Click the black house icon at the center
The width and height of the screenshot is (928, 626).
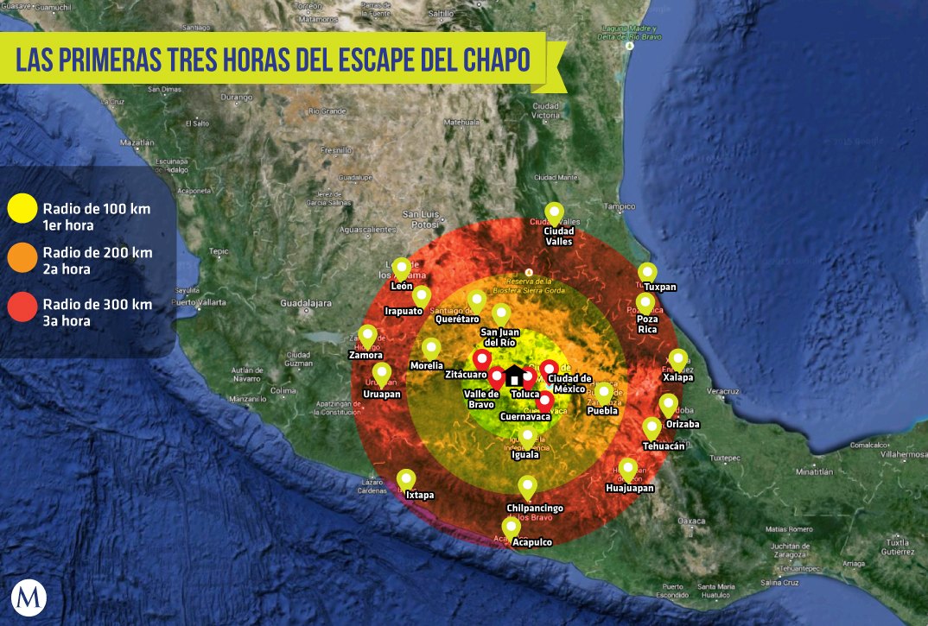coord(514,376)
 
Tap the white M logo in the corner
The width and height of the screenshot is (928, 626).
coord(29,598)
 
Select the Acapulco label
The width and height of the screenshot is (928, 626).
coord(531,542)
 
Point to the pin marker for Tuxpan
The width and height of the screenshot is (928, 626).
coord(647,273)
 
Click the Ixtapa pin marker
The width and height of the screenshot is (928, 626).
coord(406,480)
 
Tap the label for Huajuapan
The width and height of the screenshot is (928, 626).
coord(630,488)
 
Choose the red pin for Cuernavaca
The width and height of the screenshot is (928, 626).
coord(544,402)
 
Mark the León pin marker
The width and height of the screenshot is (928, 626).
coord(401,269)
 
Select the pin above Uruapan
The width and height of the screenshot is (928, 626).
coord(381,374)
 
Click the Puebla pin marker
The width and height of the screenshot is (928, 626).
coord(604,393)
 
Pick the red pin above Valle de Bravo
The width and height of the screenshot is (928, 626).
coord(497,377)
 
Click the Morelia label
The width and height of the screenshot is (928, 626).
coord(427,366)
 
